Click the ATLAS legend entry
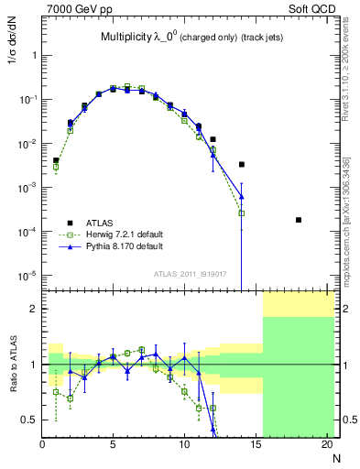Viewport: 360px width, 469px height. (102, 222)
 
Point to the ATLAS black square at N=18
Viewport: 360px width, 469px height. (299, 220)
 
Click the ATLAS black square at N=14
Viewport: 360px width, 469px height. (242, 165)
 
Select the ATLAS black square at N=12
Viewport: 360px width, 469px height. (213, 140)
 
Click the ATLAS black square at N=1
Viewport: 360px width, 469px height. (56, 160)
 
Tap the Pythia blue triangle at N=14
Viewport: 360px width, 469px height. (242, 196)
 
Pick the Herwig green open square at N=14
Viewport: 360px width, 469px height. (242, 213)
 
